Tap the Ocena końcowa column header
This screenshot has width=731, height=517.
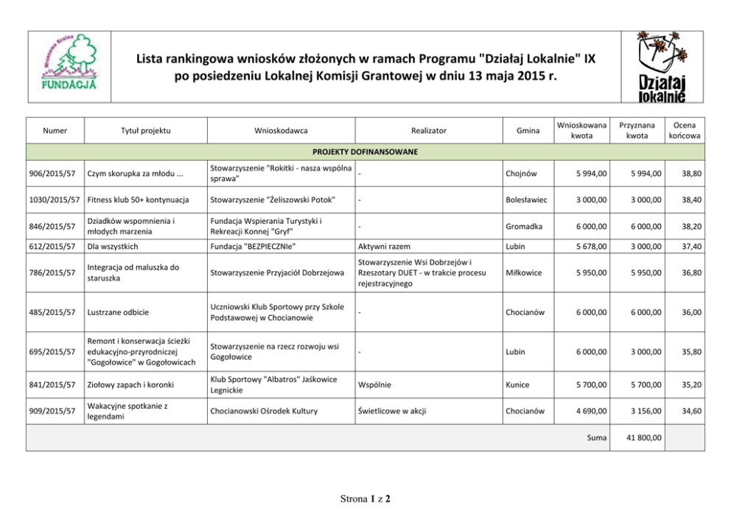685,130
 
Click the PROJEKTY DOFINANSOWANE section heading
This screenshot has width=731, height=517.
365,152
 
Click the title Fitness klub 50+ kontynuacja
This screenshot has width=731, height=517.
139,200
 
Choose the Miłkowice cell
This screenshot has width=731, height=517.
524,273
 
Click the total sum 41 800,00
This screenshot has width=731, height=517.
643,437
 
